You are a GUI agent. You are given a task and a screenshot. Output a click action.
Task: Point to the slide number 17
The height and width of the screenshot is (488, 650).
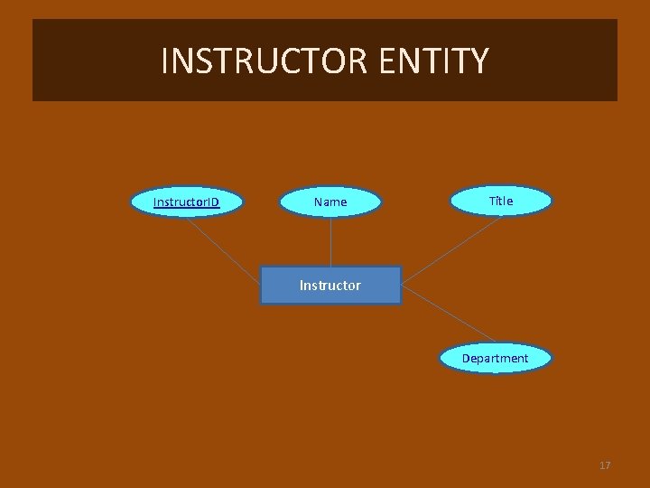point(605,465)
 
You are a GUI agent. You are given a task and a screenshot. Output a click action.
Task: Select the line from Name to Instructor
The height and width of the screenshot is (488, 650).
point(330,241)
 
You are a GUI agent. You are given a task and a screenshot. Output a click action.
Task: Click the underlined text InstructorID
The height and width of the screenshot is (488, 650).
point(187,202)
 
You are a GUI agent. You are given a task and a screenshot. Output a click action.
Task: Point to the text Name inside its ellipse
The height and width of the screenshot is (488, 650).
point(330,202)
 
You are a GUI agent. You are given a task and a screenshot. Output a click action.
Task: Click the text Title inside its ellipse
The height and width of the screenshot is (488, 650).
point(500,201)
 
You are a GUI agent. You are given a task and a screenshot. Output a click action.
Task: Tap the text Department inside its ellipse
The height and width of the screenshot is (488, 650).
point(495,358)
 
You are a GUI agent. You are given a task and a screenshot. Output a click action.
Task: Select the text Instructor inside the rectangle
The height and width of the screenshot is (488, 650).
point(330,285)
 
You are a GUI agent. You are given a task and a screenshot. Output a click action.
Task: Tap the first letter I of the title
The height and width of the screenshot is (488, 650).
point(164,61)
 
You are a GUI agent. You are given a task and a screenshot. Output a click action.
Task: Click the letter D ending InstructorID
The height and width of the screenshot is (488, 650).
point(215,202)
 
